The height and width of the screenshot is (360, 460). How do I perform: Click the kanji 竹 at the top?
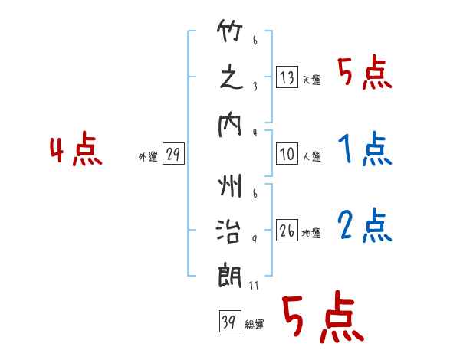pyautogui.click(x=230, y=31)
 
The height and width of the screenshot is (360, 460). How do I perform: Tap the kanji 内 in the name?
pyautogui.click(x=230, y=125)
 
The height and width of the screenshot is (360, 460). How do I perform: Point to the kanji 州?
pyautogui.click(x=230, y=185)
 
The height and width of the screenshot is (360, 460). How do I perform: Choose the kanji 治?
pyautogui.click(x=228, y=231)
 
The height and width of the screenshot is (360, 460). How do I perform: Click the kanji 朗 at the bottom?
pyautogui.click(x=230, y=277)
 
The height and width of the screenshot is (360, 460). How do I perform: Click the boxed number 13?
pyautogui.click(x=287, y=77)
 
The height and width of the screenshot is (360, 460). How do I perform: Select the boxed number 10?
pyautogui.click(x=287, y=153)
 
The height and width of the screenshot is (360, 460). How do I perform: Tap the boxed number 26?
pyautogui.click(x=287, y=230)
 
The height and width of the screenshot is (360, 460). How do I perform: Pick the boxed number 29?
pyautogui.click(x=173, y=153)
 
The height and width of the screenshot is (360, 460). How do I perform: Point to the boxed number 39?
pyautogui.click(x=230, y=321)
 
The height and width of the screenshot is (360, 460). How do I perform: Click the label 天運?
pyautogui.click(x=312, y=80)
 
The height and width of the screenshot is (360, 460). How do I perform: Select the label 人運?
pyautogui.click(x=312, y=156)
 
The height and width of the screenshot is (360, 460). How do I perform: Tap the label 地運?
pyautogui.click(x=311, y=233)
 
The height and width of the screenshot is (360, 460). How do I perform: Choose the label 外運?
pyautogui.click(x=148, y=156)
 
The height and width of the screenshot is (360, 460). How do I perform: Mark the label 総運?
pyautogui.click(x=255, y=324)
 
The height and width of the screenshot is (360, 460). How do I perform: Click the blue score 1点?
pyautogui.click(x=365, y=149)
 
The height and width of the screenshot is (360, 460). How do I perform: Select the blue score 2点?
pyautogui.click(x=365, y=225)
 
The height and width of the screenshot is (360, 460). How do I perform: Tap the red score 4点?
pyautogui.click(x=76, y=149)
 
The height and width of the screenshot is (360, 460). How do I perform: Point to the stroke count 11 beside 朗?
pyautogui.click(x=254, y=285)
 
